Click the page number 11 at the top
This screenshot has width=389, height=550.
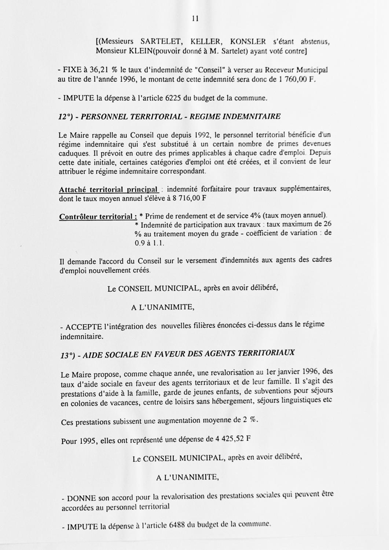(195, 19)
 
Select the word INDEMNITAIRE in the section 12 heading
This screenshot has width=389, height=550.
(252, 117)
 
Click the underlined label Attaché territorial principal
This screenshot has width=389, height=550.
(109, 190)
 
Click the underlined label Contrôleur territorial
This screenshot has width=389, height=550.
(98, 217)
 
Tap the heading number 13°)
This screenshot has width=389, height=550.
(68, 355)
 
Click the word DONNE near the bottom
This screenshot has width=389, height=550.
(81, 498)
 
